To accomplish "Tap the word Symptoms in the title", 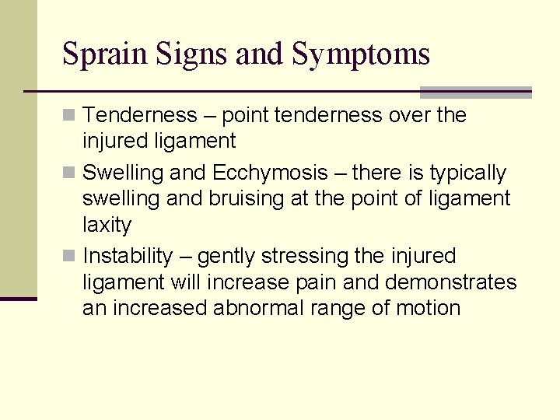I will click(361, 54).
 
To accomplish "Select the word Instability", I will click(128, 256).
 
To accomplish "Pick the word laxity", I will click(107, 226).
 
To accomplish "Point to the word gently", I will click(227, 256).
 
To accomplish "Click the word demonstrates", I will click(450, 282).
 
